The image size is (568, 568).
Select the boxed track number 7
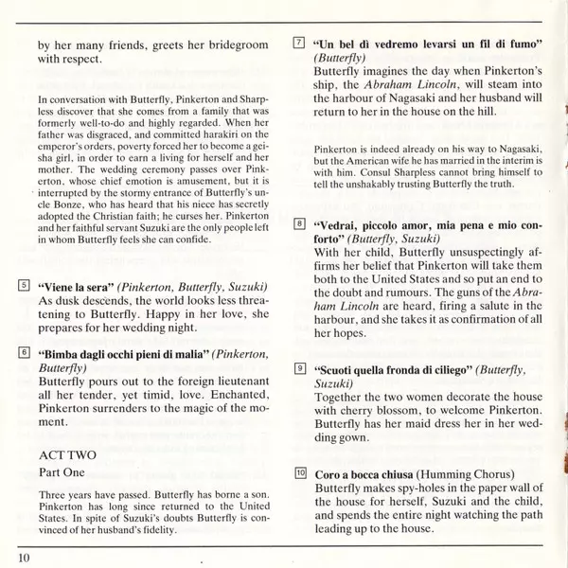[299, 44]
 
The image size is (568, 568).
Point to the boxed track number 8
[299, 224]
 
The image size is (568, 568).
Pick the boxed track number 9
[299, 367]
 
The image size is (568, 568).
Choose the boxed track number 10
[299, 472]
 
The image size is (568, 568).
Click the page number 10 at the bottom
[24, 557]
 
